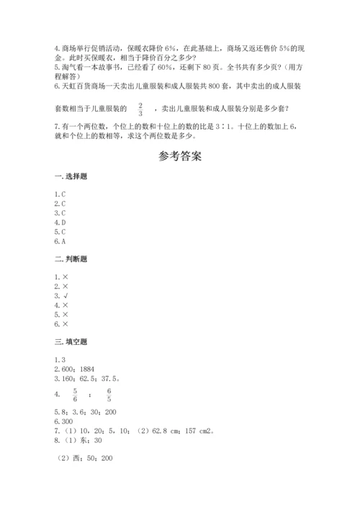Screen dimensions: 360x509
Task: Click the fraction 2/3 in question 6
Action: (x=140, y=109)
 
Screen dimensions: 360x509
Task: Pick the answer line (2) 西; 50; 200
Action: (x=85, y=458)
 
